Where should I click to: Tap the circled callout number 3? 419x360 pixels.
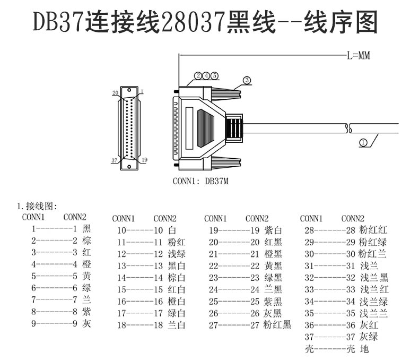click(247, 80)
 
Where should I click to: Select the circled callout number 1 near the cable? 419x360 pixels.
click(363, 142)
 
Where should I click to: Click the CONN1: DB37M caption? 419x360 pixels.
click(200, 181)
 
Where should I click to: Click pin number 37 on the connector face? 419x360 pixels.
click(114, 159)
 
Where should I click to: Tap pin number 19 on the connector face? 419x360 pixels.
click(145, 159)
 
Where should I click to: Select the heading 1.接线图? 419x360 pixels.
click(38, 206)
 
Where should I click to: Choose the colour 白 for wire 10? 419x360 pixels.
click(172, 230)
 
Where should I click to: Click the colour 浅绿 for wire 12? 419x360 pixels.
click(177, 254)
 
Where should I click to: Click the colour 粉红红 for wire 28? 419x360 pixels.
click(373, 230)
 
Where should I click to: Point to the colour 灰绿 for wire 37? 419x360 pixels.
click(369, 337)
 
